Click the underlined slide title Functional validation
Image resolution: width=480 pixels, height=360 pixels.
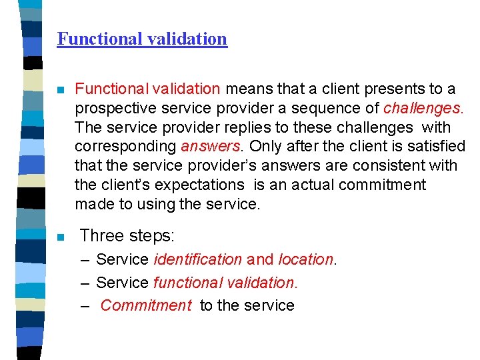pos(142,39)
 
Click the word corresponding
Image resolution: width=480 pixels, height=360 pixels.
pos(125,146)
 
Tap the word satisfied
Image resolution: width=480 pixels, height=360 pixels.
pos(435,146)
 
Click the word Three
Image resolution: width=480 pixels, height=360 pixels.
pos(102,235)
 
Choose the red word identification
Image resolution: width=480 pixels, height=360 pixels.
pos(197,259)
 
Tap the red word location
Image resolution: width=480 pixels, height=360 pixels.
pos(305,259)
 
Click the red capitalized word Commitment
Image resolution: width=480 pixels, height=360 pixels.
pos(146,305)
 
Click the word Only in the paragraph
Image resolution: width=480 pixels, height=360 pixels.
pos(261,146)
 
